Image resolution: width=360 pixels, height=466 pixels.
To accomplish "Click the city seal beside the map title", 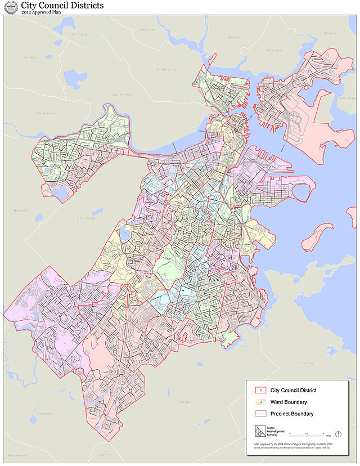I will [x=10, y=8].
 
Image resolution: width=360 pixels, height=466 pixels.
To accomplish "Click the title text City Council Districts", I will [x=62, y=6].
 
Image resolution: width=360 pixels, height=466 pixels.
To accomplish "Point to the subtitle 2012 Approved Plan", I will [x=40, y=14].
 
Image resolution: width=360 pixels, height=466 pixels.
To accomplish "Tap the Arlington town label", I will [x=81, y=34].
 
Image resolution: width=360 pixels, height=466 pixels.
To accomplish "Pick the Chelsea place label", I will [x=274, y=50].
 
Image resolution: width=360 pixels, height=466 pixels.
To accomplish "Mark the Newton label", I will [x=21, y=210].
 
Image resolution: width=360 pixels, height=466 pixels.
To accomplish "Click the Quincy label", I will [x=307, y=363].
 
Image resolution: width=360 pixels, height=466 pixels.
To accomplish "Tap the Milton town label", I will [x=184, y=402].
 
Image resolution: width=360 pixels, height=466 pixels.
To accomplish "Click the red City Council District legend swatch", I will [x=260, y=390].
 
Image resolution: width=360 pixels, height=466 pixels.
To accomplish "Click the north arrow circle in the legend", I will [x=339, y=434].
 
